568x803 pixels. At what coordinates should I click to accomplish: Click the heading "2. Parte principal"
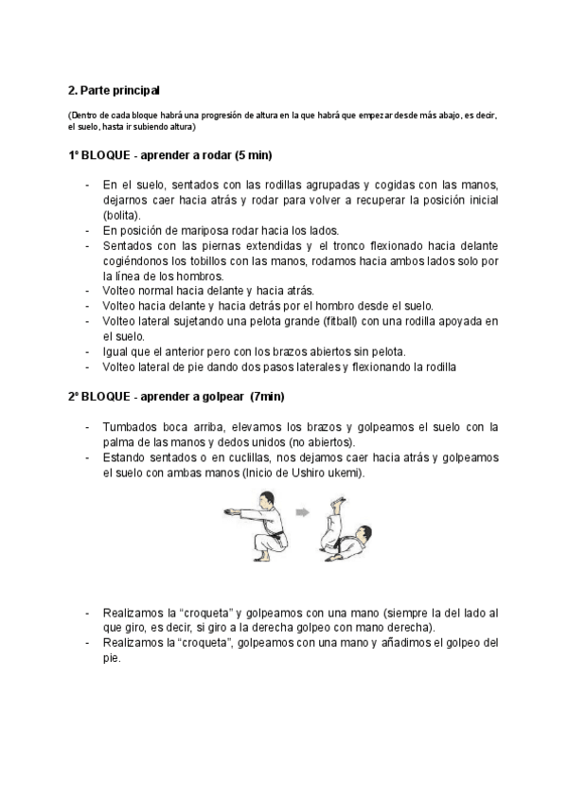pyautogui.click(x=115, y=91)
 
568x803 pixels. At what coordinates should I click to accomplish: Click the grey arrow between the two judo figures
pyautogui.click(x=303, y=512)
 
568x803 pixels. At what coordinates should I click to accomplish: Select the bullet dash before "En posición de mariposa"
pyautogui.click(x=87, y=230)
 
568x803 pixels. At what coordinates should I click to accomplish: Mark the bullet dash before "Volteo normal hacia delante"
pyautogui.click(x=87, y=291)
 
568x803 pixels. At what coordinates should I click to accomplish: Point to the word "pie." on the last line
pyautogui.click(x=113, y=658)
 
